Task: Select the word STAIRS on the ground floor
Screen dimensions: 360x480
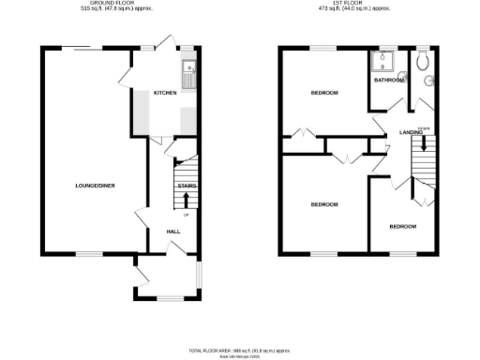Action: pos(186,186)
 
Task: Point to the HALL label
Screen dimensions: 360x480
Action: pos(173,231)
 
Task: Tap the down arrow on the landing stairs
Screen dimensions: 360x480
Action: pos(424,144)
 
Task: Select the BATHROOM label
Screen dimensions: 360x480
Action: pos(388,80)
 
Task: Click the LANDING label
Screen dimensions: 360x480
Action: pos(411,132)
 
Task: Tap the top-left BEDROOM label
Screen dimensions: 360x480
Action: pos(324,93)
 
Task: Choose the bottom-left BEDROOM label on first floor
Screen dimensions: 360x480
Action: pos(324,203)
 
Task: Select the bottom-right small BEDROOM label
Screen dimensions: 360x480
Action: pos(403,226)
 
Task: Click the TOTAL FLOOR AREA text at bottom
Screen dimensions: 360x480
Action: pos(240,349)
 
